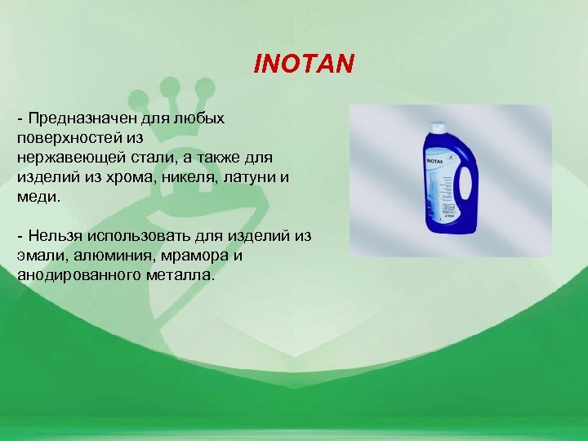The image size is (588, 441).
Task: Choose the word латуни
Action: [252, 176]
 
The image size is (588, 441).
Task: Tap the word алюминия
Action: [102, 256]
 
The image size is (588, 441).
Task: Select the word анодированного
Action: [76, 275]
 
